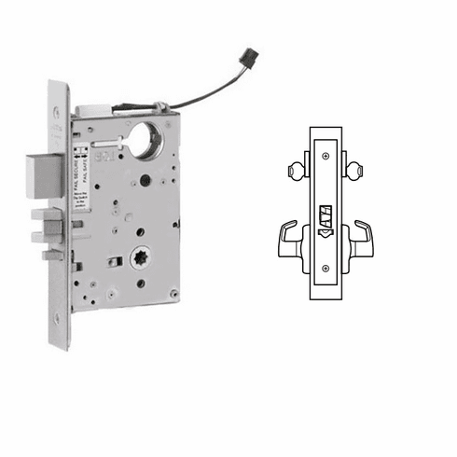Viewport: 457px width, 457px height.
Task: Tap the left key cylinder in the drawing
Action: click(x=294, y=170)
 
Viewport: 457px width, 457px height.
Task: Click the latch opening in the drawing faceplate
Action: click(x=326, y=216)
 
